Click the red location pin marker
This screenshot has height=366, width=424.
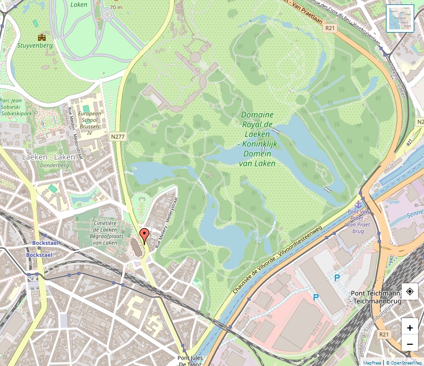click(144, 235)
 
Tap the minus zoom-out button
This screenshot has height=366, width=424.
click(409, 344)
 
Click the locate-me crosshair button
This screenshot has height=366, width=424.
click(409, 291)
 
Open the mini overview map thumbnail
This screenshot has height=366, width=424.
click(400, 19)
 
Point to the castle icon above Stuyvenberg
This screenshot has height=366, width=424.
click(41, 37)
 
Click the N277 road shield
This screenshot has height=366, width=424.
click(118, 136)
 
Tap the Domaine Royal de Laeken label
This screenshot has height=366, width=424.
click(258, 139)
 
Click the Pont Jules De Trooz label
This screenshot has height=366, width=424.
click(190, 361)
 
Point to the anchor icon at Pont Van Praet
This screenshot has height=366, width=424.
click(360, 202)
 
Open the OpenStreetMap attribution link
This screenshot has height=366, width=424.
click(404, 362)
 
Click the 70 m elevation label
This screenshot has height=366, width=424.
click(116, 8)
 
